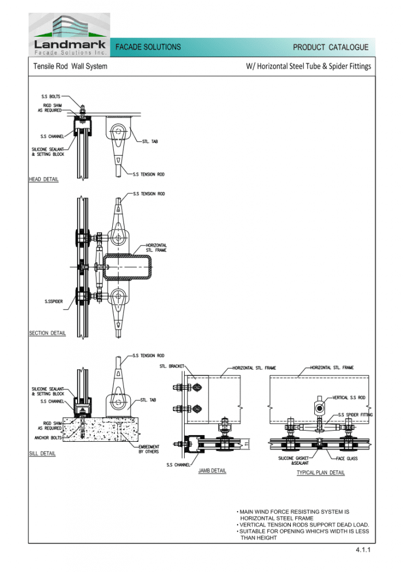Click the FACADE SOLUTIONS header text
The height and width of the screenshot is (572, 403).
tap(148, 47)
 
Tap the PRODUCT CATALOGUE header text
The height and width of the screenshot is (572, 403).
tap(330, 47)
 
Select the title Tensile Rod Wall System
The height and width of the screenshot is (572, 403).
tap(70, 66)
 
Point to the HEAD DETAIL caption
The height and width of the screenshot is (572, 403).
tap(44, 179)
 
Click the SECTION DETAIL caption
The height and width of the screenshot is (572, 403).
tap(47, 333)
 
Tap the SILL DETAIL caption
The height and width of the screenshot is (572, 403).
tap(42, 454)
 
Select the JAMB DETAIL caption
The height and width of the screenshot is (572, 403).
tap(212, 470)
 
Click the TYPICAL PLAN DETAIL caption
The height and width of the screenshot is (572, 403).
tap(320, 473)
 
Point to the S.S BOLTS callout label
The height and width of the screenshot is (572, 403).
tap(51, 96)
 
